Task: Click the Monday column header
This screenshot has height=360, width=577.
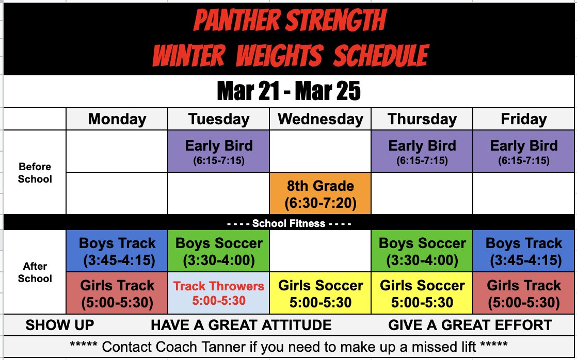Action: [x=117, y=119]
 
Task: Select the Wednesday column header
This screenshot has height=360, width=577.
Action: [x=320, y=119]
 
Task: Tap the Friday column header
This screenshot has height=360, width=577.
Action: [x=523, y=119]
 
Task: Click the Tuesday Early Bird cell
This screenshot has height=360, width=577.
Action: [x=219, y=151]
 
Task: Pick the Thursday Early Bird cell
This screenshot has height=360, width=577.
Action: [x=422, y=151]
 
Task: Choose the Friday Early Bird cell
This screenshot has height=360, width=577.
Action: [x=524, y=151]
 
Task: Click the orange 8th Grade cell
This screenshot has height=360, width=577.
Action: [x=320, y=194]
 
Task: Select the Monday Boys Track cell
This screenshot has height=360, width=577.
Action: [x=117, y=251]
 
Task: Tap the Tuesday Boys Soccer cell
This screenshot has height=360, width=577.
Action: [x=219, y=251]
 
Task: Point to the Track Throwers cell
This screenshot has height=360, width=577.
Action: [x=219, y=293]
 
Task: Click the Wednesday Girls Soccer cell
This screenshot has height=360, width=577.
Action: [x=320, y=293]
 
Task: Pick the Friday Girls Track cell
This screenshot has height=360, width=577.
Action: [x=524, y=293]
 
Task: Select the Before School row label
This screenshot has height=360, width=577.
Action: [x=35, y=173]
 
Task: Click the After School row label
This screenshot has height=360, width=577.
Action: [x=35, y=272]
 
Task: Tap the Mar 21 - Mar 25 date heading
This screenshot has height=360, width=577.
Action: [x=288, y=92]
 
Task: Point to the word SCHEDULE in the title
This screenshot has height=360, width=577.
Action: [x=380, y=55]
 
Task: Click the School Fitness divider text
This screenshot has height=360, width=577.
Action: [x=289, y=224]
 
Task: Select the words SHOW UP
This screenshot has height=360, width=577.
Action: [x=60, y=325]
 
